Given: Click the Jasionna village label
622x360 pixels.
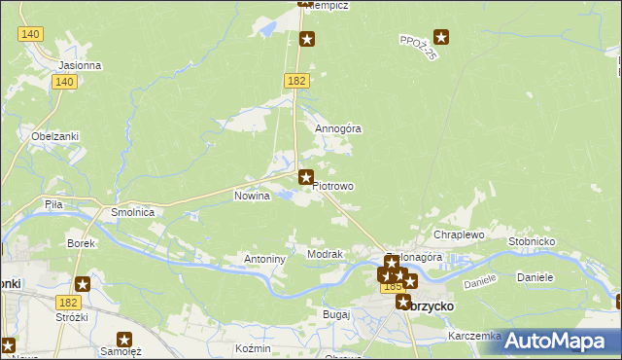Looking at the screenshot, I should pyautogui.click(x=80, y=65).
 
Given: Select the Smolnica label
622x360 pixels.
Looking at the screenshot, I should pyautogui.click(x=133, y=211).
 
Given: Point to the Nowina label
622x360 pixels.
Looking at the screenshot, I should pyautogui.click(x=252, y=196).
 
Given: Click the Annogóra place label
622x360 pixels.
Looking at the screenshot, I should pyautogui.click(x=337, y=128).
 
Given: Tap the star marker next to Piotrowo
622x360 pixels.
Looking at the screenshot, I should pyautogui.click(x=306, y=177).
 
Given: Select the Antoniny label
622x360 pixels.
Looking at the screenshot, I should pyautogui.click(x=263, y=260).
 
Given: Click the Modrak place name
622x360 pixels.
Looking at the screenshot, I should pyautogui.click(x=325, y=254).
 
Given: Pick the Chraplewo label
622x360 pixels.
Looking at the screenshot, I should pyautogui.click(x=459, y=234).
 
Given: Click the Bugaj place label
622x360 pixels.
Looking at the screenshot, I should pyautogui.click(x=335, y=315).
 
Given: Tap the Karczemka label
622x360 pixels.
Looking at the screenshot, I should pyautogui.click(x=474, y=336).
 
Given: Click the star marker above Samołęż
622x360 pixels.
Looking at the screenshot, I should pyautogui.click(x=124, y=340).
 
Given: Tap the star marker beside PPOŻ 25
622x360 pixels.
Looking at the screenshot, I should pyautogui.click(x=442, y=38).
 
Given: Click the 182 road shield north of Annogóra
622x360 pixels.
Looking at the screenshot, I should pyautogui.click(x=296, y=81).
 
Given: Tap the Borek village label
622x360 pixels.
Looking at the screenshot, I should pyautogui.click(x=80, y=242).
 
